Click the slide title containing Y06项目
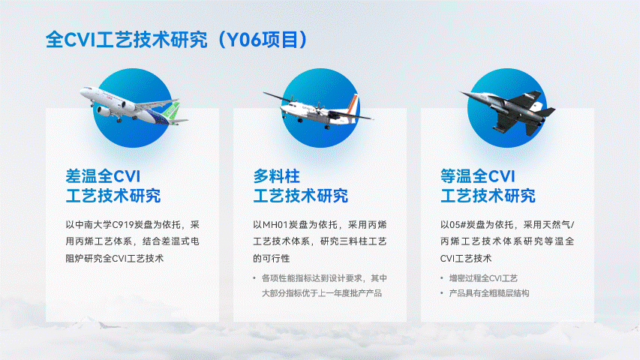pos(176,40)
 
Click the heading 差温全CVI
pos(103,176)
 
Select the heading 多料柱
pos(276,176)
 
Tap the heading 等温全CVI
pos(477,176)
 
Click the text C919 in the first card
pos(122,225)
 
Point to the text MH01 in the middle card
pos(275,225)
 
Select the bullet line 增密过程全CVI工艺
pos(483,278)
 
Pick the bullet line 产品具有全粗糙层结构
pos(489,293)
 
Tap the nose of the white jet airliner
pos(82,92)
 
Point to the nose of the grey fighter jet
pos(461,93)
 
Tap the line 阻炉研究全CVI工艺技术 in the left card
pos(115,259)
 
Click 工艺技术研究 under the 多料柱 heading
pos(301,196)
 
